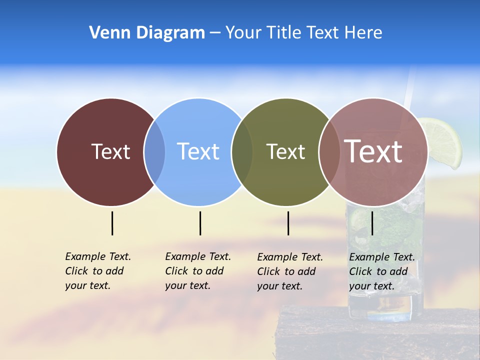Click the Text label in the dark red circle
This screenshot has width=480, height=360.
110,151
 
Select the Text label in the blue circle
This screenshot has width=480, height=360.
198,151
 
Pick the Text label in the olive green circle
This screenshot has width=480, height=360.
285,151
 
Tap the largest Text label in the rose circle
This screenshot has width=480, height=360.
373,151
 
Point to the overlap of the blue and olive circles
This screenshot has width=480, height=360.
242,151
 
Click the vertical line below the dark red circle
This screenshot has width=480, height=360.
112,223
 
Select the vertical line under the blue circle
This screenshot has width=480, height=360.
200,223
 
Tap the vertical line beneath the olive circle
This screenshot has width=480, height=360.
288,223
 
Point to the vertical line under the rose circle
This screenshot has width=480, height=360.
372,223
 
